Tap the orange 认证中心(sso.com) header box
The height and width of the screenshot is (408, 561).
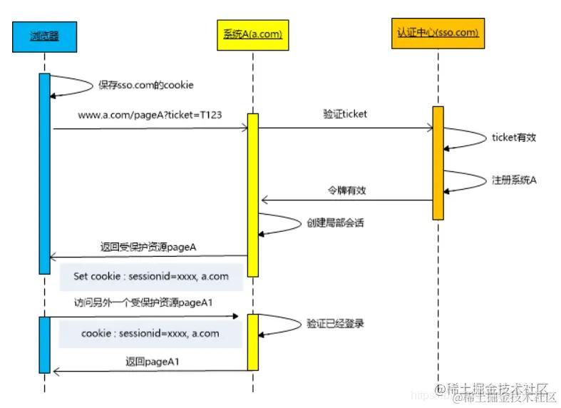438,33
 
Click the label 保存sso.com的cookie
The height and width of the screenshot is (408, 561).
146,85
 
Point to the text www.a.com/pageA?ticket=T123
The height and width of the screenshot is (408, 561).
150,113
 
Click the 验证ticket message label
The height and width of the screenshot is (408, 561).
346,113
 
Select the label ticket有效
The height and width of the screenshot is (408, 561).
513,138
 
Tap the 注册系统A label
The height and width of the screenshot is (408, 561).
513,180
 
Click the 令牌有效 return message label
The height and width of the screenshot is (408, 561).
346,190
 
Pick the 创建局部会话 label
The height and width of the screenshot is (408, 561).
336,223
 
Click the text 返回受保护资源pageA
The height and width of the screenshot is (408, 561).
148,248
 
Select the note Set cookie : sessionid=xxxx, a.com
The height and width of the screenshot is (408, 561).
151,276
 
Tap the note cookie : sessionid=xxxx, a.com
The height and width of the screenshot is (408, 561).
150,333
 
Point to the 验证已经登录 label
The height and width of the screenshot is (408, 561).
335,323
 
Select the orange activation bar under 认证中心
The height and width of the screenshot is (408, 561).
438,163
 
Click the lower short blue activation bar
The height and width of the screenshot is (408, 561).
44,345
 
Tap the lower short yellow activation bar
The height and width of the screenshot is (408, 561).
252,342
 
